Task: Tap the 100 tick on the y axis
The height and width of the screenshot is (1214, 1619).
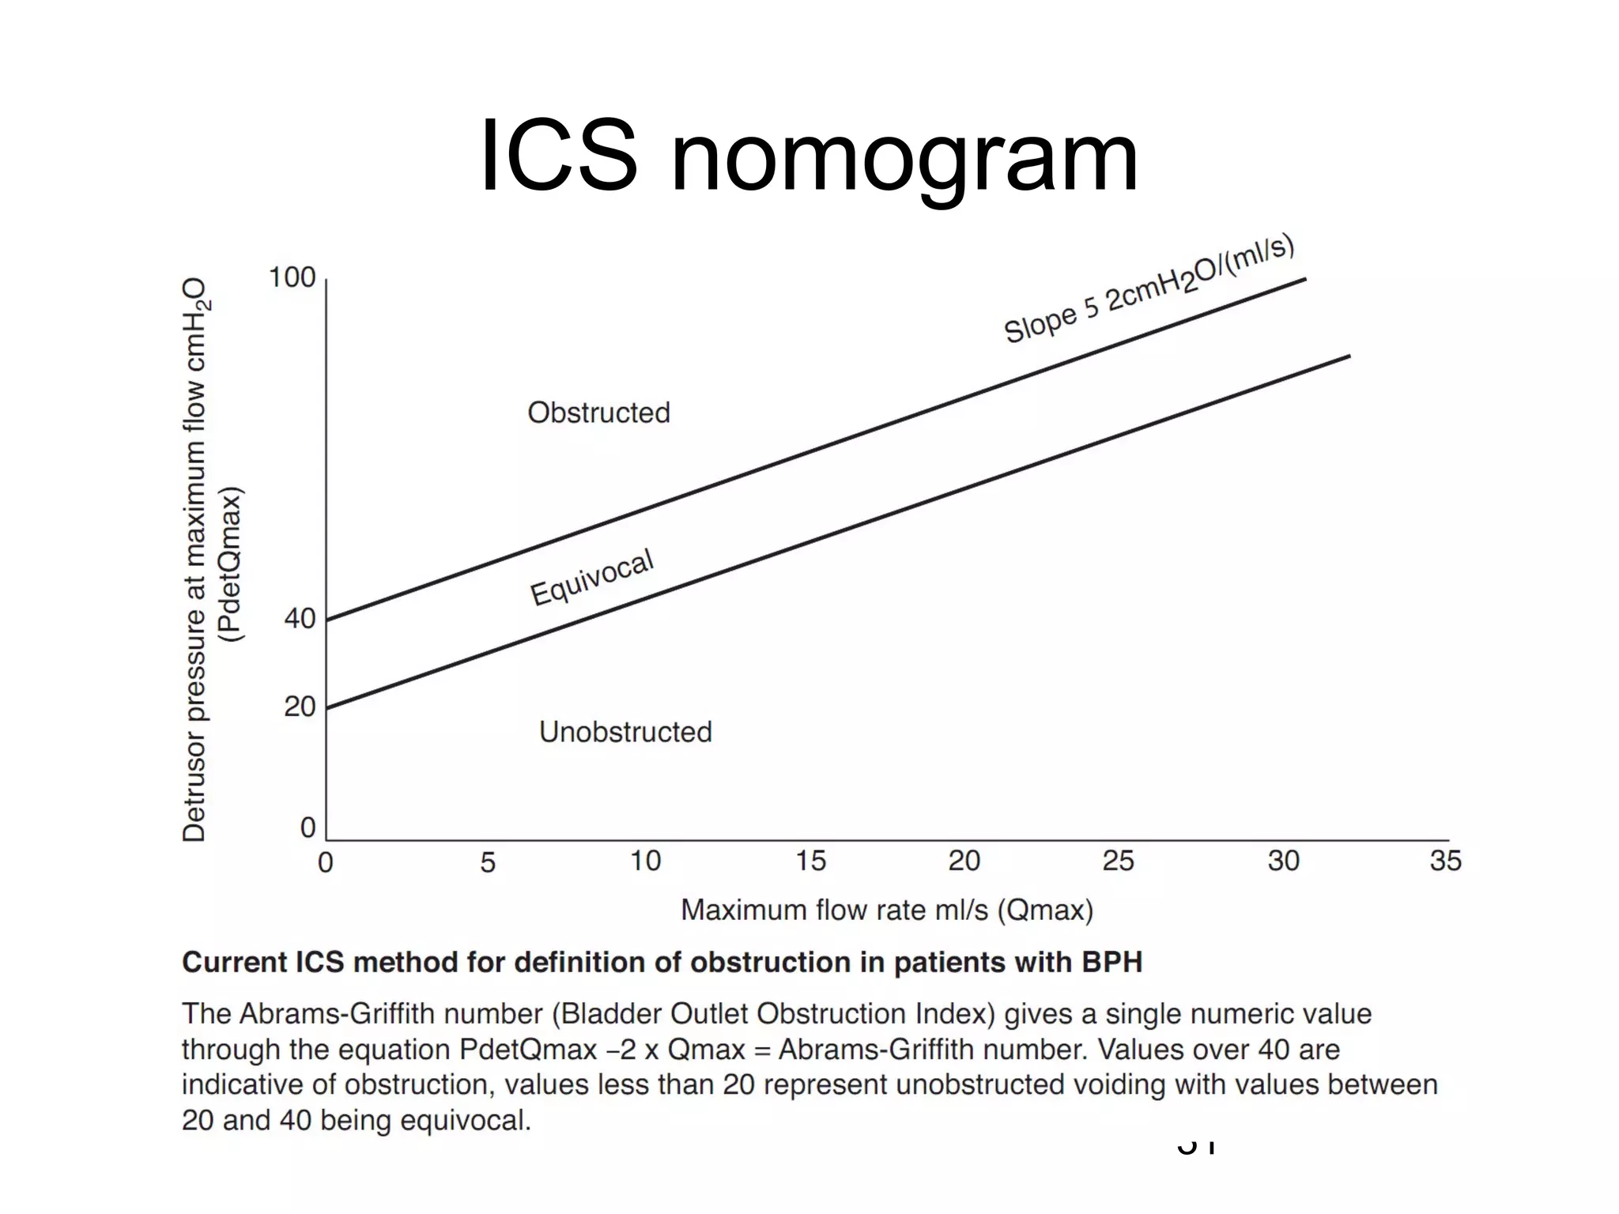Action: [x=292, y=278]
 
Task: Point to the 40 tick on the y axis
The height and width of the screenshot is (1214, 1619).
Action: [x=300, y=618]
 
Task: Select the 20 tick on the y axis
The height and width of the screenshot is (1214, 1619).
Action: [x=300, y=706]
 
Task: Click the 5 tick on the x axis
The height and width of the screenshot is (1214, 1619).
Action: [x=488, y=861]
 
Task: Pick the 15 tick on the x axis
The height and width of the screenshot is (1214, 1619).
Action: [x=810, y=861]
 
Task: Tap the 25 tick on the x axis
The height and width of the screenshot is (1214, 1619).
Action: [x=1118, y=861]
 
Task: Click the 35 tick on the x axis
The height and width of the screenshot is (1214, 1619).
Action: [x=1445, y=861]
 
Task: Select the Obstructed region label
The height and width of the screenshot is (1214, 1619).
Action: [x=598, y=413]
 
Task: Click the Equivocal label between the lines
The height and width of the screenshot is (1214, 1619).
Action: [x=591, y=578]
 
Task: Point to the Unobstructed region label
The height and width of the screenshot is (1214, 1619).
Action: [x=625, y=732]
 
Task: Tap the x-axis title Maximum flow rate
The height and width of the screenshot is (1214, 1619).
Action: [x=886, y=910]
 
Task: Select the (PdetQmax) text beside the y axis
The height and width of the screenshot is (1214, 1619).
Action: [x=231, y=565]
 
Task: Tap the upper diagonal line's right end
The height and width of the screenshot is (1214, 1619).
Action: [x=1304, y=279]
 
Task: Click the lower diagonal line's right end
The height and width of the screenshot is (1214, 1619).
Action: [x=1349, y=356]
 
